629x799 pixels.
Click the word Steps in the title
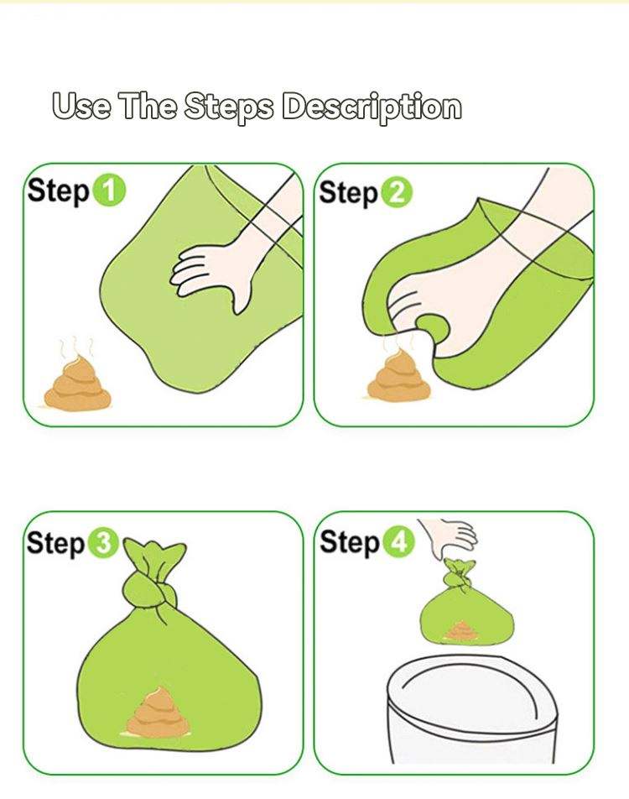click(228, 107)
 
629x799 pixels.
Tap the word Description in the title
click(372, 107)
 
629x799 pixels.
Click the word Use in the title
click(81, 106)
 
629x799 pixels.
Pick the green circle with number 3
click(103, 544)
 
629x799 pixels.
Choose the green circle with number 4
click(399, 542)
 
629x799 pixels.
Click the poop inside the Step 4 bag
click(461, 631)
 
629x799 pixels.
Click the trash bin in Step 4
click(471, 709)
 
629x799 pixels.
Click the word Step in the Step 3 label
click(56, 543)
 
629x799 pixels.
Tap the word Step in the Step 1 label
click(59, 191)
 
